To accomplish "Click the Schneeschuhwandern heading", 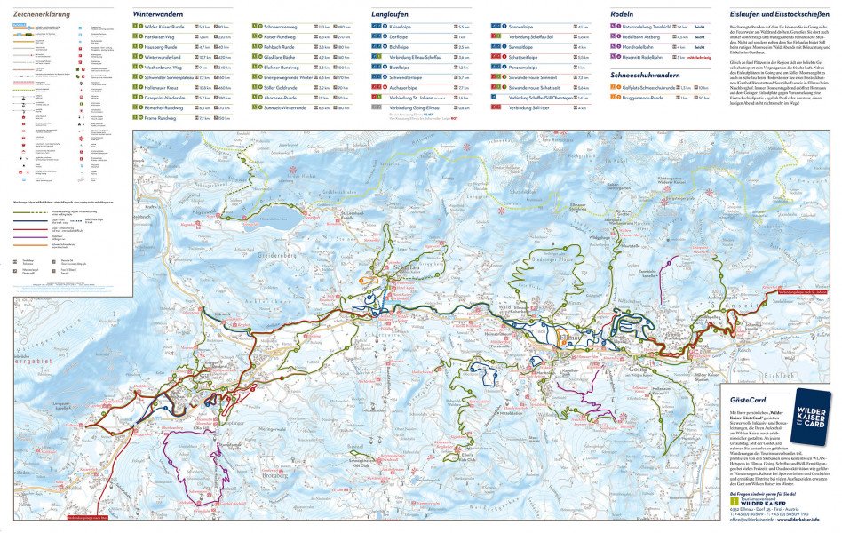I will coord(647,76).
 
